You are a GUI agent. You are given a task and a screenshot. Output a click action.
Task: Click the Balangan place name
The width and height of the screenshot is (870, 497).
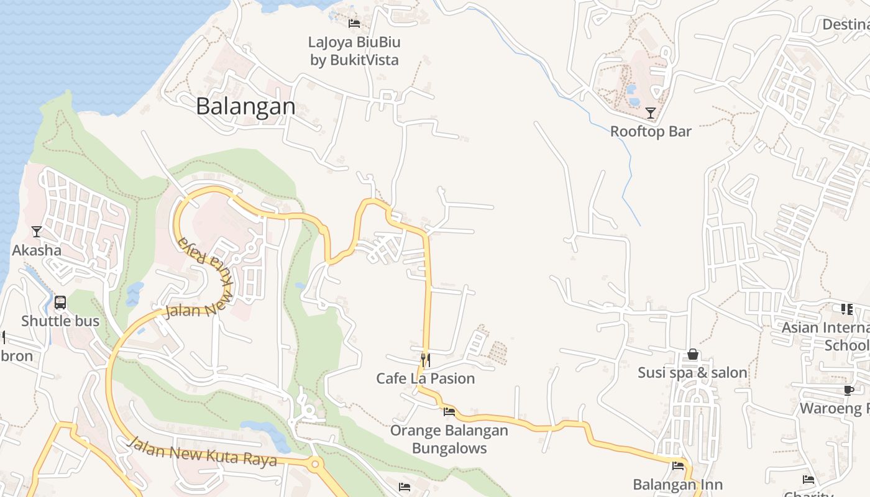[245, 106]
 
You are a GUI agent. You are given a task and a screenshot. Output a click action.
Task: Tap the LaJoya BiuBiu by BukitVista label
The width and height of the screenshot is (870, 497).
[354, 51]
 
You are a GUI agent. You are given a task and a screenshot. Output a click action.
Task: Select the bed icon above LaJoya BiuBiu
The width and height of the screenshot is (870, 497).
[354, 24]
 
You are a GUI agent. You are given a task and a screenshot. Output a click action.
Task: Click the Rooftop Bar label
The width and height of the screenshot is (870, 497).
[651, 132]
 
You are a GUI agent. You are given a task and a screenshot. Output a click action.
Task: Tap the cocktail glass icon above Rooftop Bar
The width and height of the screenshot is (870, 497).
[651, 113]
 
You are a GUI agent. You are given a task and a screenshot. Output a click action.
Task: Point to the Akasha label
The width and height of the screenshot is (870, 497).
[37, 250]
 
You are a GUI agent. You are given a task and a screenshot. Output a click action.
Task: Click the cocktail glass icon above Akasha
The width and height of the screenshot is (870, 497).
[37, 232]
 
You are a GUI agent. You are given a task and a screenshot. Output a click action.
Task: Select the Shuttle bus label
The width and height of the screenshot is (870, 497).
[60, 321]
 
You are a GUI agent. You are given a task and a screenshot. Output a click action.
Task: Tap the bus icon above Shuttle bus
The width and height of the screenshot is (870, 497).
[60, 303]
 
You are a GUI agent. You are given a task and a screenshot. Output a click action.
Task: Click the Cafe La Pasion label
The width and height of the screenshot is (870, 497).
[426, 378]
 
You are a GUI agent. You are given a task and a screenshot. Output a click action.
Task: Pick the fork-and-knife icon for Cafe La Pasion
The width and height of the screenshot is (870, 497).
[426, 360]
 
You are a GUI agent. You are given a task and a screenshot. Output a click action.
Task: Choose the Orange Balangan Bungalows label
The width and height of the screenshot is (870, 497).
[449, 439]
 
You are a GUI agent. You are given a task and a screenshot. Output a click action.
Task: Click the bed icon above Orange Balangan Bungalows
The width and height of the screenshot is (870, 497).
[449, 411]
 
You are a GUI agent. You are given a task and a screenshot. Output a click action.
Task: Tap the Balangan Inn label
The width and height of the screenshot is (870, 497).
[677, 485]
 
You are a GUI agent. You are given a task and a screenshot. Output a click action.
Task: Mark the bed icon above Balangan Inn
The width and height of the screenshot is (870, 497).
[677, 465]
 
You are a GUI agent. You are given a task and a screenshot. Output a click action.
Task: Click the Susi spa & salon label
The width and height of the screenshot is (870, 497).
[692, 373]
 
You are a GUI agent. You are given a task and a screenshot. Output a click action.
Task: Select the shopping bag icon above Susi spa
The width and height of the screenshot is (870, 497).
[692, 355]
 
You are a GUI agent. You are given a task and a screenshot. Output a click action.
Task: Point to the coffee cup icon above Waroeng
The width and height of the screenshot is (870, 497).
[849, 390]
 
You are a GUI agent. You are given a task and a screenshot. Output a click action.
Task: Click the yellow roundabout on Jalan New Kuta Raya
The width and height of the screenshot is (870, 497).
[316, 463]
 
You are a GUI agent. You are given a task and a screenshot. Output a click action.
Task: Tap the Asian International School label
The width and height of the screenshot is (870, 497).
[826, 336]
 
